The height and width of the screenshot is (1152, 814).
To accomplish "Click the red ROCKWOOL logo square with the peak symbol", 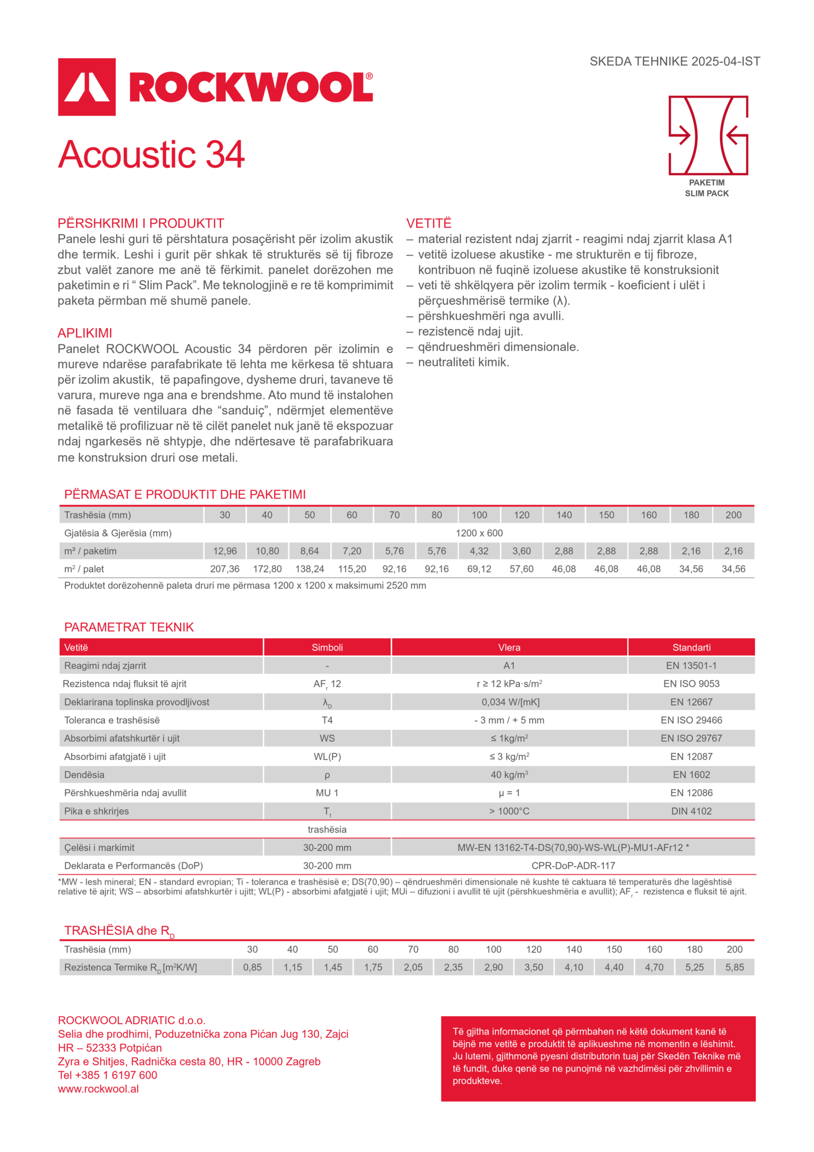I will click(x=87, y=87).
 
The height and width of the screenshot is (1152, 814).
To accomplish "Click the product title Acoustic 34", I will click(x=151, y=154).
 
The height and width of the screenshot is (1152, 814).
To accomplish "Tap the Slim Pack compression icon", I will click(x=708, y=135).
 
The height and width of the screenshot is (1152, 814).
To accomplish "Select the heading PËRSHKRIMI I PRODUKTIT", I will click(x=140, y=223).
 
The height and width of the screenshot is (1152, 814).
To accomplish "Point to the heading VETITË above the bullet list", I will click(x=429, y=223).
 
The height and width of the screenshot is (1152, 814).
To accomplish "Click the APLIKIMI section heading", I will click(x=85, y=333).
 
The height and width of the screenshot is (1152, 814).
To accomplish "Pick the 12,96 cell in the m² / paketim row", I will click(x=225, y=551).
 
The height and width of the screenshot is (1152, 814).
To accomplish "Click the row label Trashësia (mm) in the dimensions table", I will click(x=98, y=515).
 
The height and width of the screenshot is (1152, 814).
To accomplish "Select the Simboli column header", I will click(x=327, y=647).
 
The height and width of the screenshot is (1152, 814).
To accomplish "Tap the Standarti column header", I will click(x=691, y=647).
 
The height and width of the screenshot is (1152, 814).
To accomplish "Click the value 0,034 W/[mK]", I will click(x=509, y=702).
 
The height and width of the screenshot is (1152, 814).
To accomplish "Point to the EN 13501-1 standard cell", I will click(x=691, y=665).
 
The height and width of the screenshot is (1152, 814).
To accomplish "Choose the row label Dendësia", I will click(x=85, y=775).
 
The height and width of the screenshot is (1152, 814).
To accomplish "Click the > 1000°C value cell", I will click(x=509, y=811).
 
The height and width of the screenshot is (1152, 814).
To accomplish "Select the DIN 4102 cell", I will click(x=691, y=811).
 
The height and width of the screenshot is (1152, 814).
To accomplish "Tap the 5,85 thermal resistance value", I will click(x=735, y=967).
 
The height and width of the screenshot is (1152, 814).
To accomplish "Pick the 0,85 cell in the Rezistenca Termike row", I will click(x=252, y=967).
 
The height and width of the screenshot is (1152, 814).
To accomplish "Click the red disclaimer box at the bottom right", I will click(x=598, y=1058).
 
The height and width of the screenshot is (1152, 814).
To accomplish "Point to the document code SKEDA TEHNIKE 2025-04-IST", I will click(x=675, y=61).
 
